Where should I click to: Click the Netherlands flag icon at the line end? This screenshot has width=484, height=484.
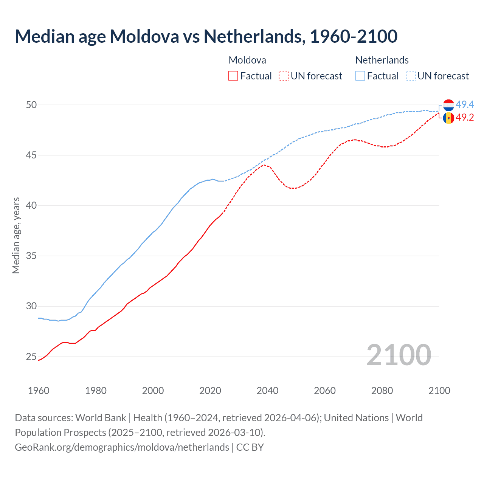(448, 105)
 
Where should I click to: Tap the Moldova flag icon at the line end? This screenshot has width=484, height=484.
(448, 118)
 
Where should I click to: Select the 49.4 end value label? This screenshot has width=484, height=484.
(465, 104)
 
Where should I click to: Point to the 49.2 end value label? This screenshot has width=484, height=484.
(465, 118)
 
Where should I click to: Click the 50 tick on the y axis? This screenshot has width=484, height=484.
(31, 105)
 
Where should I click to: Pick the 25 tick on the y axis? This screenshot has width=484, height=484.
(31, 357)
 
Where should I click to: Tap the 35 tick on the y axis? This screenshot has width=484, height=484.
(31, 256)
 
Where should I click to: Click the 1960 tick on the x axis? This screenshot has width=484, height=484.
(39, 391)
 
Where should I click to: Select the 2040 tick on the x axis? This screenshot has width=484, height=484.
(267, 391)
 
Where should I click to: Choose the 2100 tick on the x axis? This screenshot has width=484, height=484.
(439, 391)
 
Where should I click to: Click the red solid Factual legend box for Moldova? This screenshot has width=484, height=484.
(233, 76)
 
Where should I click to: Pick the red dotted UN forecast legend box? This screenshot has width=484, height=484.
(284, 76)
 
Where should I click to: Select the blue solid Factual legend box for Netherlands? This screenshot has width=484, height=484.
(360, 76)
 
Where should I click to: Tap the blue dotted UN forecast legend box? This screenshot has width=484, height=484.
(411, 76)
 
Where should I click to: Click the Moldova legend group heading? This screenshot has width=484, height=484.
(247, 60)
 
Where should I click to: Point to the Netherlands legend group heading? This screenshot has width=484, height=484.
(382, 60)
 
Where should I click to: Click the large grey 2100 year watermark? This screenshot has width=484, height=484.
(399, 355)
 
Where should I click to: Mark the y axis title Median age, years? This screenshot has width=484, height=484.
(16, 235)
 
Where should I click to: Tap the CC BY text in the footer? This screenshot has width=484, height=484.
(250, 447)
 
